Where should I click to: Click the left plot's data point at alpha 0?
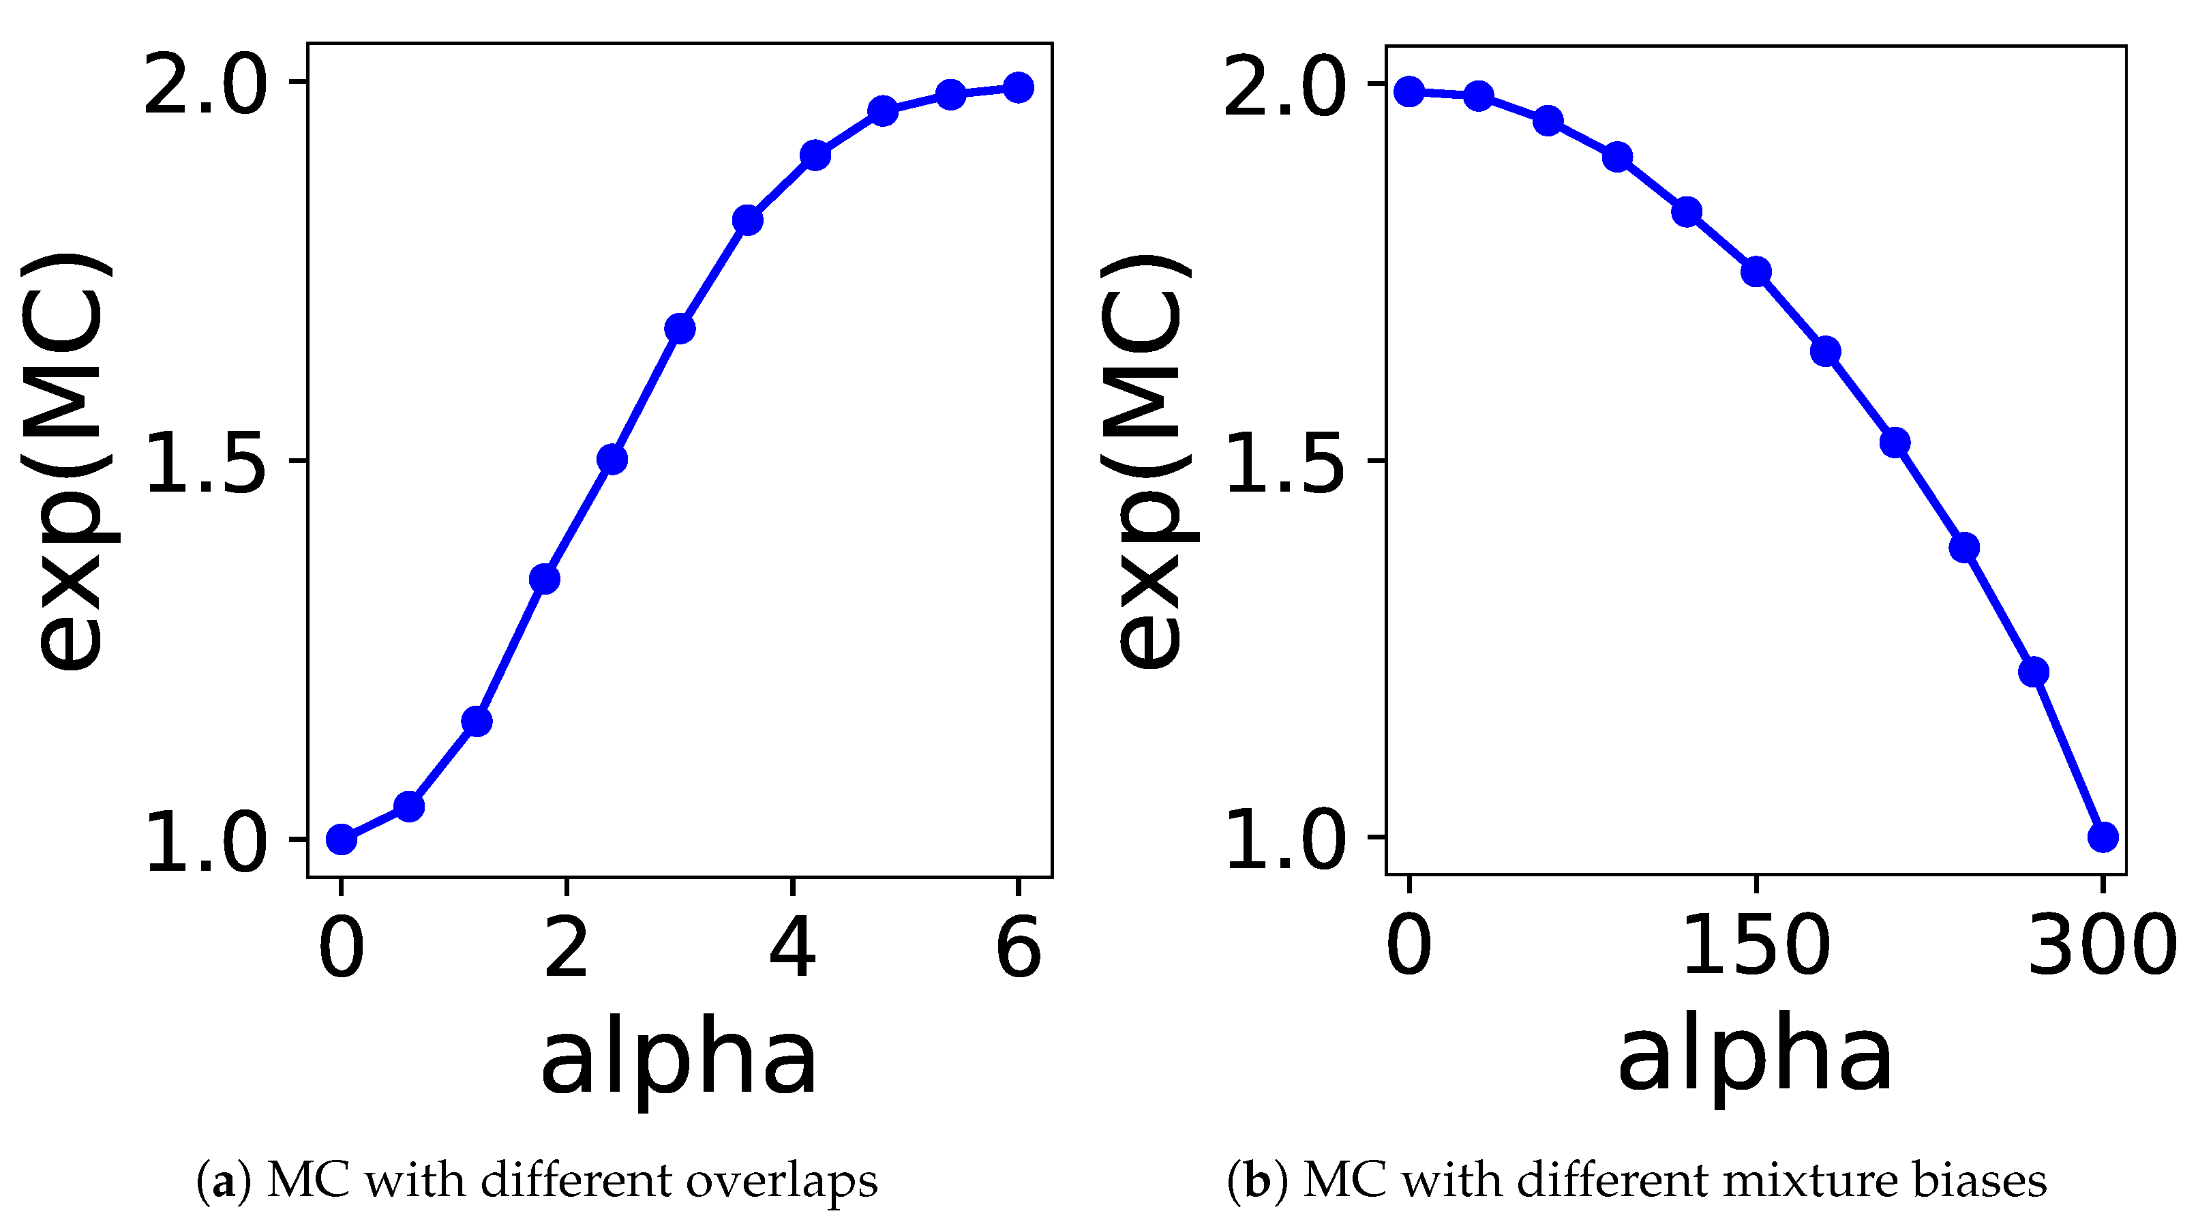342,839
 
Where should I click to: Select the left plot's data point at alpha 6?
1018,87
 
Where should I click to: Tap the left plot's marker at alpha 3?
679,328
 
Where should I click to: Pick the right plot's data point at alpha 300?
2103,836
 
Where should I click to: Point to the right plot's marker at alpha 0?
1409,91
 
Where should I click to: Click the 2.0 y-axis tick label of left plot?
205,83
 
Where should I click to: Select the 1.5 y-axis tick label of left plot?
205,462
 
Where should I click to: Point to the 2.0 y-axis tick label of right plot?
1284,85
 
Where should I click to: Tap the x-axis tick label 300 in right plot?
2101,946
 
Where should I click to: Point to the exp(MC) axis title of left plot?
68,462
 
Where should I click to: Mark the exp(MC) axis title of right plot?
1147,462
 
